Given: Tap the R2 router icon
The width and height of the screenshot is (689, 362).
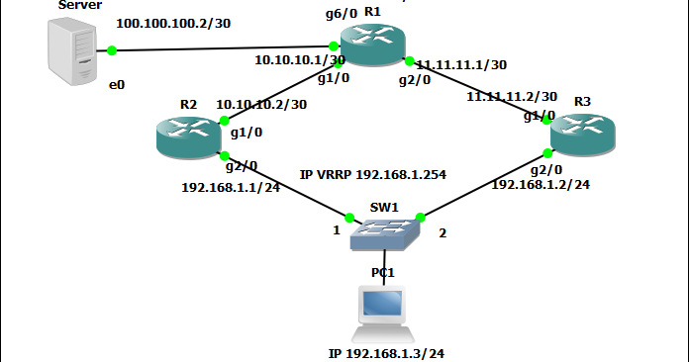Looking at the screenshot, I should pos(189,136).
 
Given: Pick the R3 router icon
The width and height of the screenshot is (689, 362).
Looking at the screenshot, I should pos(584,136).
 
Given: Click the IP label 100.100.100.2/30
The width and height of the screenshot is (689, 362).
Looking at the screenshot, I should pos(173,22).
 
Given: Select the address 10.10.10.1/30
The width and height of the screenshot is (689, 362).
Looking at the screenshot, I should pos(293,60).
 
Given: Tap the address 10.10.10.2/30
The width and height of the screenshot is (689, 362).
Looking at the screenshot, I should pos(260,104).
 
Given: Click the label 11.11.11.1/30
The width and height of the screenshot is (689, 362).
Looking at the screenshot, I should pos(461,65).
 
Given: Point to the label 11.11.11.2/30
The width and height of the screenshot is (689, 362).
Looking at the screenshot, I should pos(512,97).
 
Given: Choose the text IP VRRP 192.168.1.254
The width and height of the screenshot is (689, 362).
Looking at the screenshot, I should pos(373,174).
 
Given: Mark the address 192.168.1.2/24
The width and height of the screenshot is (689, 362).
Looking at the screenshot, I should pos(541,184).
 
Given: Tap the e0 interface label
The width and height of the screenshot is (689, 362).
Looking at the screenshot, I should pos(117,85).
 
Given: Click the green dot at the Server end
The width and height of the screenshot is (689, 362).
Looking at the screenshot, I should pos(112,49).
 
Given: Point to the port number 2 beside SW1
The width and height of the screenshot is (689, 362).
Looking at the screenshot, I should pos(443,233).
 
